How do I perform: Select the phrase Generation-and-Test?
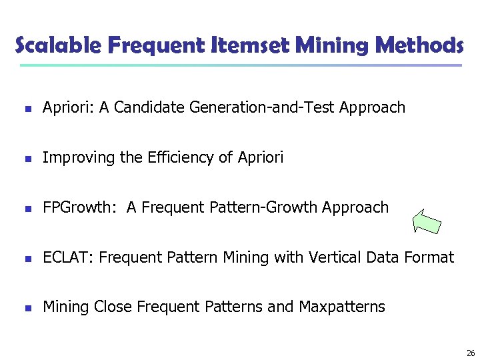261,107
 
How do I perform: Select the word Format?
431,257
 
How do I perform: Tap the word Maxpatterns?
342,307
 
